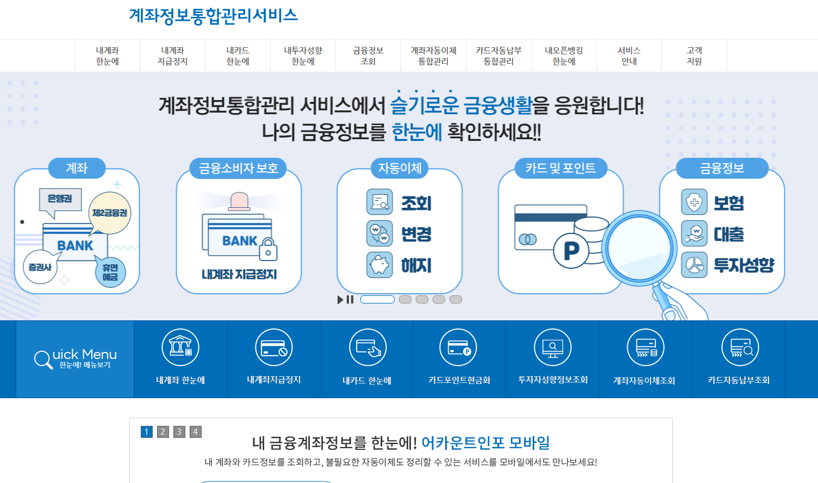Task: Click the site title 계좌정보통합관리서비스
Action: click(x=213, y=15)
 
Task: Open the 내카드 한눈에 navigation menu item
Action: click(x=238, y=56)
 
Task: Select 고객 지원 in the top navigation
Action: click(x=694, y=56)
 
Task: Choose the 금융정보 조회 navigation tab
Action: click(x=368, y=56)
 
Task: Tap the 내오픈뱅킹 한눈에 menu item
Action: click(x=564, y=56)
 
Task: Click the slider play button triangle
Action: click(x=340, y=300)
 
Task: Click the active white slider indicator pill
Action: click(x=377, y=299)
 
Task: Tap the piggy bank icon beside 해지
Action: click(x=379, y=265)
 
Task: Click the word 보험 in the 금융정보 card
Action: click(x=728, y=203)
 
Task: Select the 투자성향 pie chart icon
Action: click(x=694, y=265)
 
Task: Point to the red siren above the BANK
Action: click(x=239, y=201)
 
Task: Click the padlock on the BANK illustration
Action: click(x=268, y=250)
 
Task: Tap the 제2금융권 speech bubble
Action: click(x=110, y=213)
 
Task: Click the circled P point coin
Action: click(x=571, y=251)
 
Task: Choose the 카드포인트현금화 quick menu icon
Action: click(x=458, y=348)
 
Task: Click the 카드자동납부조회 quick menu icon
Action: click(x=740, y=348)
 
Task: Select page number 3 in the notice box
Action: click(x=179, y=432)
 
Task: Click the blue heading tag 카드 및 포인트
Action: click(x=560, y=168)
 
